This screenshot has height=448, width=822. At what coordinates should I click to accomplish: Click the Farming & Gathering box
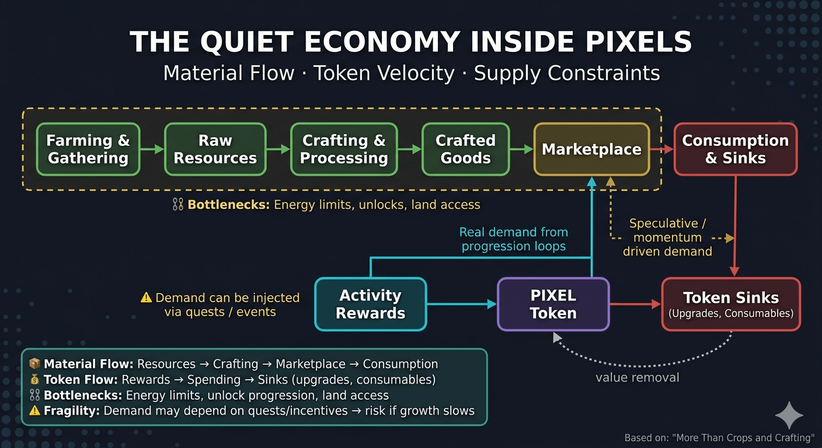[x=88, y=149]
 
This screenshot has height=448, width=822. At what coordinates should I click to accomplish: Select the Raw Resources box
[x=215, y=149]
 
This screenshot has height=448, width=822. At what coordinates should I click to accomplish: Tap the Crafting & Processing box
[x=344, y=149]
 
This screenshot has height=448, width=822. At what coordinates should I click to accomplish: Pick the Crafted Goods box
[x=465, y=149]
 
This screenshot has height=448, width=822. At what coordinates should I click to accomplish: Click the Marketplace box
[x=591, y=149]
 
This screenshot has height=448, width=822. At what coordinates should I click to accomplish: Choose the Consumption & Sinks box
[x=735, y=149]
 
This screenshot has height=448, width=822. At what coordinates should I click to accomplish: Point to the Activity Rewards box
[x=370, y=304]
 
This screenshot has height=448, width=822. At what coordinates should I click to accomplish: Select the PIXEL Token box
[x=553, y=304]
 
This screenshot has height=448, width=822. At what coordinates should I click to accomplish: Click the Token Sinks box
[x=731, y=304]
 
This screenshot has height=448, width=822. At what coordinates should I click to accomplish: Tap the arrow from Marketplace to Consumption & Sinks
[x=662, y=150]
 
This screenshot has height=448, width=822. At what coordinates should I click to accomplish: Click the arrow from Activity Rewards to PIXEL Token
[x=461, y=304]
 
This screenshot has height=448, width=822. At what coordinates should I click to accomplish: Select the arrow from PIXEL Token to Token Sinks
[x=635, y=304]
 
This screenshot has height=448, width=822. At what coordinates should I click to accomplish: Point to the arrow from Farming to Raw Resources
[x=152, y=150]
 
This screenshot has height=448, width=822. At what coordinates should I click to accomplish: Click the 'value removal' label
[x=637, y=377]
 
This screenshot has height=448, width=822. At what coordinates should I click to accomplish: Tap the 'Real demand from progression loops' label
[x=513, y=239]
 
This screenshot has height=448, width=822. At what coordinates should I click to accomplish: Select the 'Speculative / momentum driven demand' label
[x=667, y=237]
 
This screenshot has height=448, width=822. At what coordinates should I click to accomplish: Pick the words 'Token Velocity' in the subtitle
[x=384, y=73]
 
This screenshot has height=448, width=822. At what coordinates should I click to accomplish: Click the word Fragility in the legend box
[x=71, y=411]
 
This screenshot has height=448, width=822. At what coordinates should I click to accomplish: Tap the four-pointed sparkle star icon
[x=789, y=415]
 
